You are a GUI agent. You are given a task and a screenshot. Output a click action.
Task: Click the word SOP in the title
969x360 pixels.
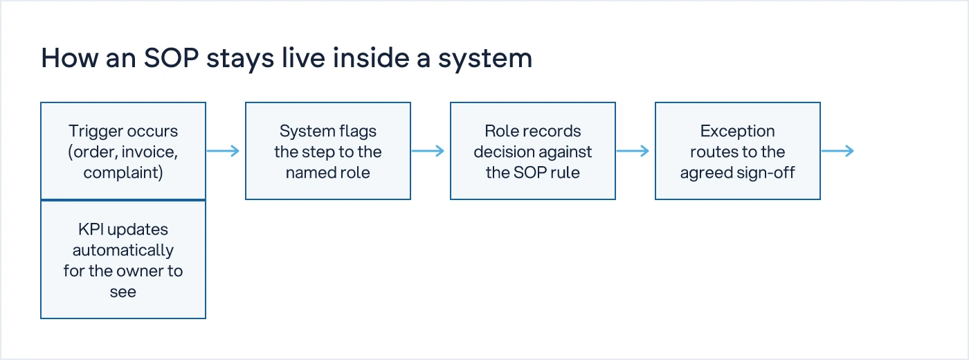(x=172, y=58)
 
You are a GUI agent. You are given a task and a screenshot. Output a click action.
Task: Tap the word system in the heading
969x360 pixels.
(x=485, y=59)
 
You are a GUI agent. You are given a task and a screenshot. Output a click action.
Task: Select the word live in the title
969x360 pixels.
(x=303, y=58)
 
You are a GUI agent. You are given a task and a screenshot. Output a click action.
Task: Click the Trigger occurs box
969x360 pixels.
(x=123, y=151)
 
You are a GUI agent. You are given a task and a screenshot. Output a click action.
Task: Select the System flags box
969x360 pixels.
(x=328, y=151)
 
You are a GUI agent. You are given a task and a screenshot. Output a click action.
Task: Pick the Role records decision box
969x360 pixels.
(x=533, y=151)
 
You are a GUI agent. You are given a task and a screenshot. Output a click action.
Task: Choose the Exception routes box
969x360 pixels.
(x=738, y=151)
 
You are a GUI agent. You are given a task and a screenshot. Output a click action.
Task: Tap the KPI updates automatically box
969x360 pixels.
(x=123, y=260)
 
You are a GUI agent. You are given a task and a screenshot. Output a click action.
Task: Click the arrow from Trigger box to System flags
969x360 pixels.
(x=223, y=151)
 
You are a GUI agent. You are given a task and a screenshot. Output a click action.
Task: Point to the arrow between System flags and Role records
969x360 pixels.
(x=428, y=151)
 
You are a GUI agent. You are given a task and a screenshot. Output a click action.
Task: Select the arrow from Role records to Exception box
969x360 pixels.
(x=633, y=151)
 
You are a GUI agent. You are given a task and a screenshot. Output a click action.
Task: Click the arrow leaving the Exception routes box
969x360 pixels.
(x=837, y=151)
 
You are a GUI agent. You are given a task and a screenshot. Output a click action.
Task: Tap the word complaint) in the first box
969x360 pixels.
(x=123, y=173)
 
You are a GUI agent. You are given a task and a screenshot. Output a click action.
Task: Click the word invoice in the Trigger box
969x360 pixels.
(x=148, y=152)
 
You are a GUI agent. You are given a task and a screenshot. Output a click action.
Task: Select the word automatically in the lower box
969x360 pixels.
(x=123, y=251)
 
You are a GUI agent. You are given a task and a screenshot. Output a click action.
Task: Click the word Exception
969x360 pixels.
(x=738, y=131)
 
